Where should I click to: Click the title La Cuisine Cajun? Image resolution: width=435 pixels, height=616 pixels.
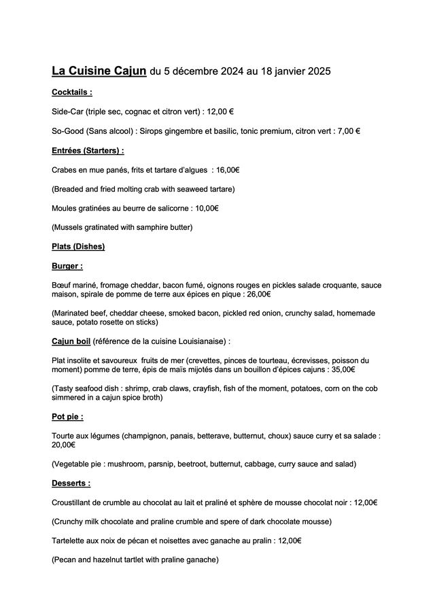click(x=99, y=70)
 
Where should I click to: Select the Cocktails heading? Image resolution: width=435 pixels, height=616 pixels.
click(x=72, y=92)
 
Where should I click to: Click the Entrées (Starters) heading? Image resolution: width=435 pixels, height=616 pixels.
click(x=88, y=150)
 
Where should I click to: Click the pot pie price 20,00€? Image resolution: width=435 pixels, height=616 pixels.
click(x=63, y=445)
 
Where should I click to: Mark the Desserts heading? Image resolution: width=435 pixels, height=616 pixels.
click(x=71, y=483)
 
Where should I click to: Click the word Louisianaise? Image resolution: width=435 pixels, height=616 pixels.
click(x=199, y=341)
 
